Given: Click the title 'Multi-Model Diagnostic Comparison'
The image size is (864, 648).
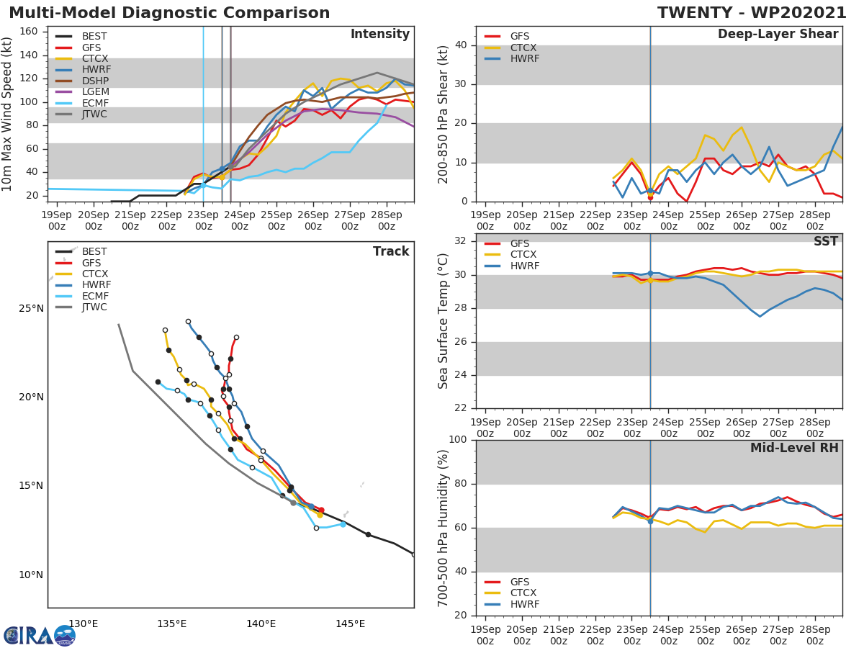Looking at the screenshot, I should click(169, 13).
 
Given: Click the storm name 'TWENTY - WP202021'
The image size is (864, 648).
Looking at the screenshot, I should click(752, 13).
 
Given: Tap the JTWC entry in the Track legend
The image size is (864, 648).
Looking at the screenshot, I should click(94, 307).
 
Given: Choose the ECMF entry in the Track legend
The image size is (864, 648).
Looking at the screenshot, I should click(94, 296).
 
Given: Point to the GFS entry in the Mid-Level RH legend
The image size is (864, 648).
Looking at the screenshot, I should click(522, 582).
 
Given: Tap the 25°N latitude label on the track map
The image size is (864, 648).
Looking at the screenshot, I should click(30, 309).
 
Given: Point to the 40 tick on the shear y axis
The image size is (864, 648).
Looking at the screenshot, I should click(461, 45).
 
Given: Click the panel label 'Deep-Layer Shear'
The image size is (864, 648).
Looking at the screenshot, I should click(778, 35).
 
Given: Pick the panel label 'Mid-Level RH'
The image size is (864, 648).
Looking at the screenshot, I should click(794, 448).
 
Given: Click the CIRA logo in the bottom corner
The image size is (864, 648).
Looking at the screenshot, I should click(39, 635).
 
